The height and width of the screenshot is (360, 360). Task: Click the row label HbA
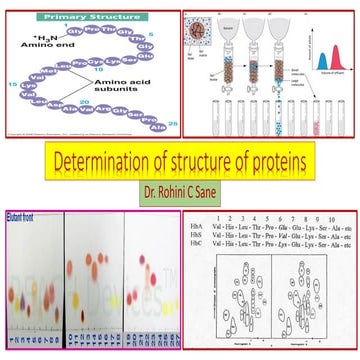(x=201, y=227)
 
